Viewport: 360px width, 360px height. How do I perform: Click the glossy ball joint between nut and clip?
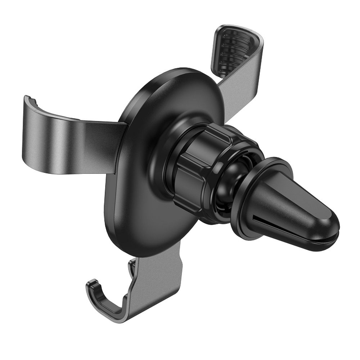234,184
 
